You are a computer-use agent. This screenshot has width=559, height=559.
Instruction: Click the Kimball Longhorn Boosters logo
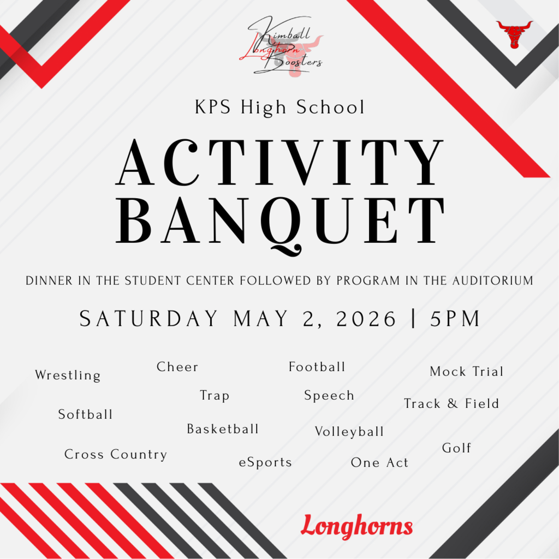pos(281,46)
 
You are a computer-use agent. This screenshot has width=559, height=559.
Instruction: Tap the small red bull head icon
pos(514,34)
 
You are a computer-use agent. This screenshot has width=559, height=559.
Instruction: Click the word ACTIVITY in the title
pos(280,163)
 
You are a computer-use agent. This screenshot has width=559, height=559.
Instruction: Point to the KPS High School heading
pos(280,108)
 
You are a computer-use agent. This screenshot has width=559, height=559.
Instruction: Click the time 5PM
pos(455,318)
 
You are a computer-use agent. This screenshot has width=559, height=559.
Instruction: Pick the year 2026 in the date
pos(366,318)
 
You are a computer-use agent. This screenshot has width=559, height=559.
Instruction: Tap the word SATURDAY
pos(148,318)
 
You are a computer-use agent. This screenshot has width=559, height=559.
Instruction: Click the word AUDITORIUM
pos(493,281)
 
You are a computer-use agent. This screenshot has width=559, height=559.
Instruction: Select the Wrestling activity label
pos(68,376)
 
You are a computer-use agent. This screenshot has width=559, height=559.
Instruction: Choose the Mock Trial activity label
pos(467,371)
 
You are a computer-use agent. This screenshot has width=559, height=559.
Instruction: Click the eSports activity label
pos(265,462)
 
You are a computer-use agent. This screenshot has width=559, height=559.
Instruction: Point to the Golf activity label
pos(457,448)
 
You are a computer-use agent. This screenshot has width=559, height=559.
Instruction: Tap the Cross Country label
pos(116,455)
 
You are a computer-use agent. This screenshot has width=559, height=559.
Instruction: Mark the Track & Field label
pos(451,403)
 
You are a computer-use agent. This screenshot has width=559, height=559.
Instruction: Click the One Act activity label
pos(380,462)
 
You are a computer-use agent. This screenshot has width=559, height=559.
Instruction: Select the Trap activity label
pos(215,396)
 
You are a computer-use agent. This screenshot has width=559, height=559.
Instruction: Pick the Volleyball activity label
pos(349,432)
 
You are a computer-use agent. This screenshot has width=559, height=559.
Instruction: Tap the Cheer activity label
pos(177,367)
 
